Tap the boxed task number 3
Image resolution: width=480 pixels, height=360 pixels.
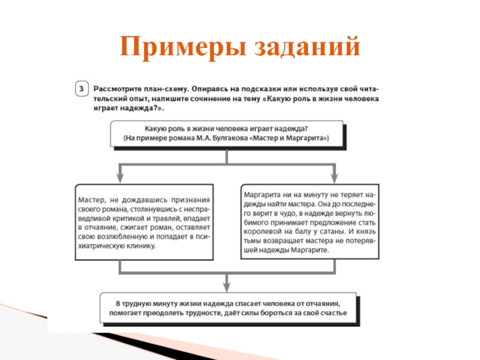tap(83, 88)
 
